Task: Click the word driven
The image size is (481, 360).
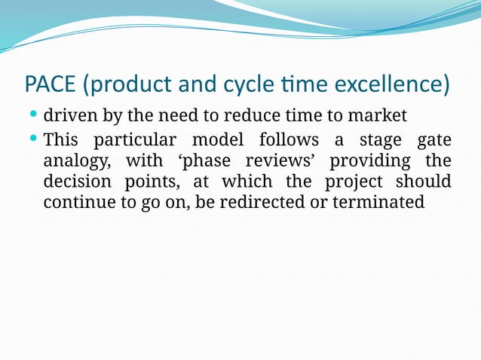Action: click(69, 117)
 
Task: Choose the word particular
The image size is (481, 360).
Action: click(136, 140)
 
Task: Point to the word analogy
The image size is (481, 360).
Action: click(73, 161)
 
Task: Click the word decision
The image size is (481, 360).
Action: click(75, 182)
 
